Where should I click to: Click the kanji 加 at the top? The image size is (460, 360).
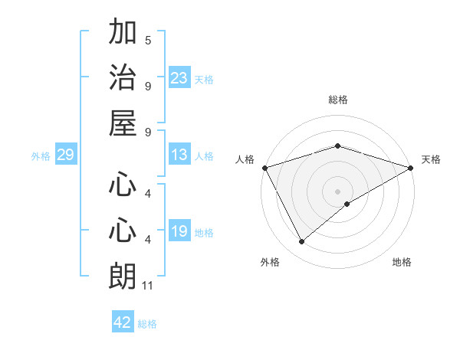tap(123, 33)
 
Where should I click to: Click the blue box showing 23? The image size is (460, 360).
tap(179, 78)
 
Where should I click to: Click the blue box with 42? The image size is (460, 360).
tap(123, 322)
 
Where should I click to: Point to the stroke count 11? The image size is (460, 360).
tap(149, 286)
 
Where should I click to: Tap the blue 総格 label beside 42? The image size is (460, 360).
tap(147, 323)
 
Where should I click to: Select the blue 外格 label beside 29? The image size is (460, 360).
tap(41, 156)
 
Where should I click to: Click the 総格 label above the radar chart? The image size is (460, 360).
tap(338, 100)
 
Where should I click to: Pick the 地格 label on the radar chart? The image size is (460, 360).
tap(402, 262)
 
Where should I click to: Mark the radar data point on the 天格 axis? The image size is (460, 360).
tap(411, 167)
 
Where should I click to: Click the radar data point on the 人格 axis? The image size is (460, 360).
tap(264, 167)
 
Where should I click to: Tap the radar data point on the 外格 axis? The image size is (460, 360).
tap(301, 241)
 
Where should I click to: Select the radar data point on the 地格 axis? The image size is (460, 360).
tap(347, 203)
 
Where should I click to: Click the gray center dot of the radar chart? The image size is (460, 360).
tap(338, 191)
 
